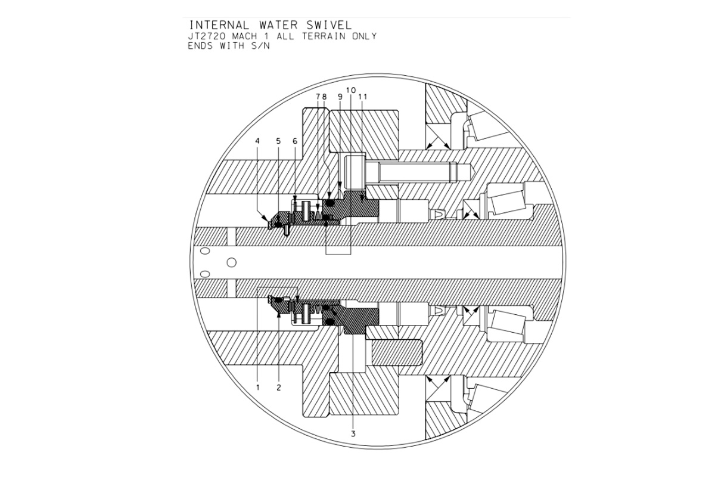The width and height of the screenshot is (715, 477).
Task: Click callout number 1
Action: [258, 388]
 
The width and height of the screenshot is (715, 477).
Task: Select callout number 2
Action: [279, 388]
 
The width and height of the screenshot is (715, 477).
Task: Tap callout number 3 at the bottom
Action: [353, 434]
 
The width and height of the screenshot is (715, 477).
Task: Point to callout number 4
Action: [257, 141]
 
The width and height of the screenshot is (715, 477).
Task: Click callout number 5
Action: [278, 141]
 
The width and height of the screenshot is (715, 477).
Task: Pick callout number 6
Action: [295, 141]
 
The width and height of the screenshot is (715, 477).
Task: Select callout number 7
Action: [318, 97]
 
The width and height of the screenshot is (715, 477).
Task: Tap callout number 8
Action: [324, 97]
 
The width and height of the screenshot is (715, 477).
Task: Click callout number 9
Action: [340, 97]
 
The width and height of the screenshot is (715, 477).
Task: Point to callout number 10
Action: [351, 91]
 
